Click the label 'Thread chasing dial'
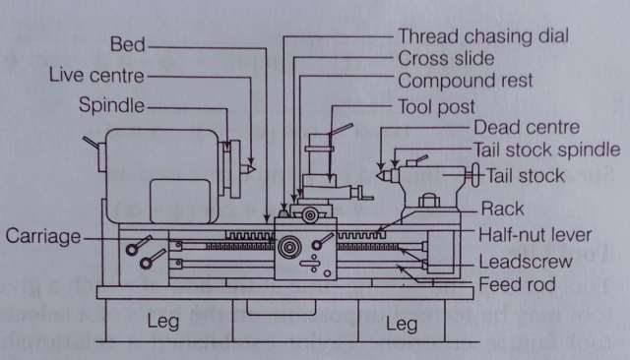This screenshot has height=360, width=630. tap(485, 34)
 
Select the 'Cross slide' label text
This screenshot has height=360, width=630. tap(445, 57)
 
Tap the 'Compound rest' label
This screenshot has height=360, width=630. tap(465, 80)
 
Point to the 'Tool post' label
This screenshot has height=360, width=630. tap(436, 106)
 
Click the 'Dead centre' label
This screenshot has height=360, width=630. tap(527, 128)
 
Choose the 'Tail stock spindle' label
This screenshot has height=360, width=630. tap(546, 150)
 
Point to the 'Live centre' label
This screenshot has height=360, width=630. tap(96, 76)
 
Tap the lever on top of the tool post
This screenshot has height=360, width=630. tap(341, 129)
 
